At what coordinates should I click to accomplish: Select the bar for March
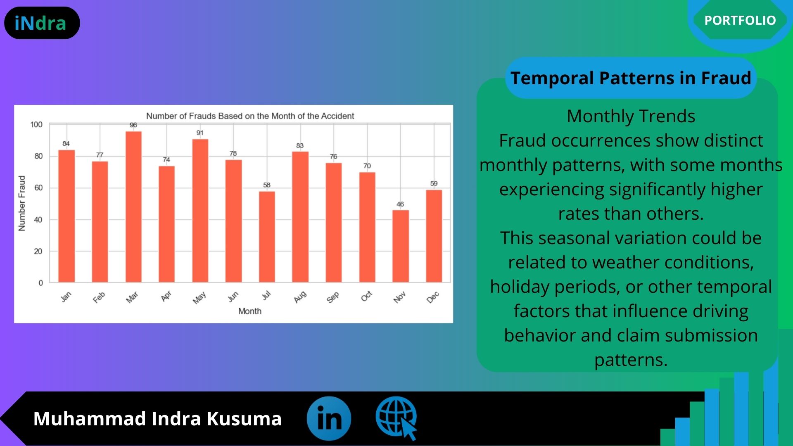(x=133, y=207)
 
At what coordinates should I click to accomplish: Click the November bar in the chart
(x=401, y=246)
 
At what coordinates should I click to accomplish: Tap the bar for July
(x=267, y=237)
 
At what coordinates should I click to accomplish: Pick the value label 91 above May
(x=200, y=133)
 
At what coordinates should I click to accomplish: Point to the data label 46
(x=400, y=204)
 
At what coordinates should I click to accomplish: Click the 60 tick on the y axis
(x=38, y=188)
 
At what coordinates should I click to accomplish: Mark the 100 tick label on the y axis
(x=36, y=124)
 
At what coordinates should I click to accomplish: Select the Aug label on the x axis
(x=300, y=297)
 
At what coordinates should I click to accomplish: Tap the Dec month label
(x=433, y=297)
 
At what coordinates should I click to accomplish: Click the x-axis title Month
(x=250, y=311)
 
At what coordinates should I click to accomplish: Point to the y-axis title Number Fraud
(x=22, y=203)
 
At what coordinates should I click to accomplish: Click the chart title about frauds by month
(x=250, y=116)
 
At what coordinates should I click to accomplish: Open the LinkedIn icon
(x=329, y=418)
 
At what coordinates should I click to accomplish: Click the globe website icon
(x=396, y=418)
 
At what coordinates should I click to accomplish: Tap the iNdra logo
(x=42, y=23)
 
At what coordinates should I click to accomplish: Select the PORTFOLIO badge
(x=740, y=20)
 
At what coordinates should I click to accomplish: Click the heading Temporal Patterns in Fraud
(x=631, y=78)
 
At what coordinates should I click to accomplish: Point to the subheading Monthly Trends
(x=631, y=116)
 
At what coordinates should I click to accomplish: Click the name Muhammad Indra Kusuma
(x=157, y=418)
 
